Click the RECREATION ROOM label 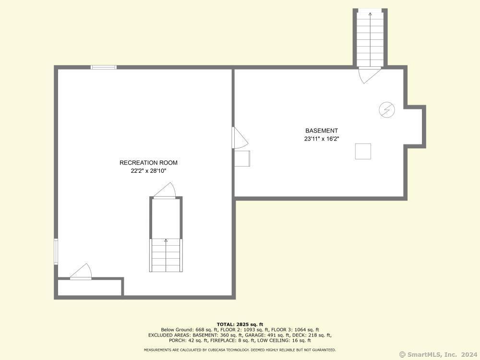[x=148, y=163]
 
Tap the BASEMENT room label [x=322, y=131]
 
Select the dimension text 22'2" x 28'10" [x=148, y=171]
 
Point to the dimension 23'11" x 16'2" [x=322, y=139]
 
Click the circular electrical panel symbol [x=386, y=109]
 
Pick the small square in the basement [x=363, y=151]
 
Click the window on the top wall [x=104, y=67]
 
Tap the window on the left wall [x=56, y=252]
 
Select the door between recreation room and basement [x=240, y=138]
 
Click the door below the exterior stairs [x=370, y=75]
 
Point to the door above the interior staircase [x=164, y=191]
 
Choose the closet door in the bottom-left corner [x=81, y=272]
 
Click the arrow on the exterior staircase [x=370, y=39]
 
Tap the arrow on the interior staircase [x=166, y=255]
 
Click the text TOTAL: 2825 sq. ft [x=240, y=324]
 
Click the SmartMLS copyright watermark [x=438, y=355]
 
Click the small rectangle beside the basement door [x=242, y=158]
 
